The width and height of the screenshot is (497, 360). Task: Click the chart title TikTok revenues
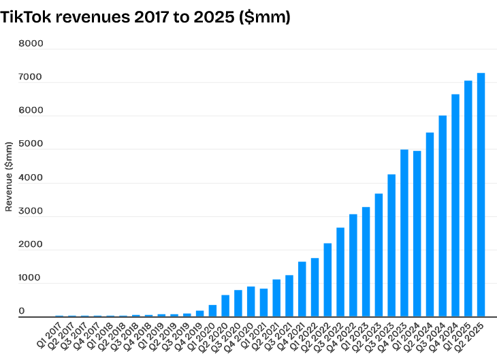[x=146, y=18]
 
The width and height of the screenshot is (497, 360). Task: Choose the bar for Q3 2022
[x=340, y=272]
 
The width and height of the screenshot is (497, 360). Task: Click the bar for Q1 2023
[x=366, y=262]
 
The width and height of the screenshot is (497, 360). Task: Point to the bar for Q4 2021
[x=302, y=289]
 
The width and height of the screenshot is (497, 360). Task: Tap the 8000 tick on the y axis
[x=31, y=44]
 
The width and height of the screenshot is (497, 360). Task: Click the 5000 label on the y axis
[x=31, y=144]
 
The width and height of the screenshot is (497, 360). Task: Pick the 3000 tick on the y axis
[x=31, y=211]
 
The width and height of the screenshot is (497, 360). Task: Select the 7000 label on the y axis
[x=31, y=78]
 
